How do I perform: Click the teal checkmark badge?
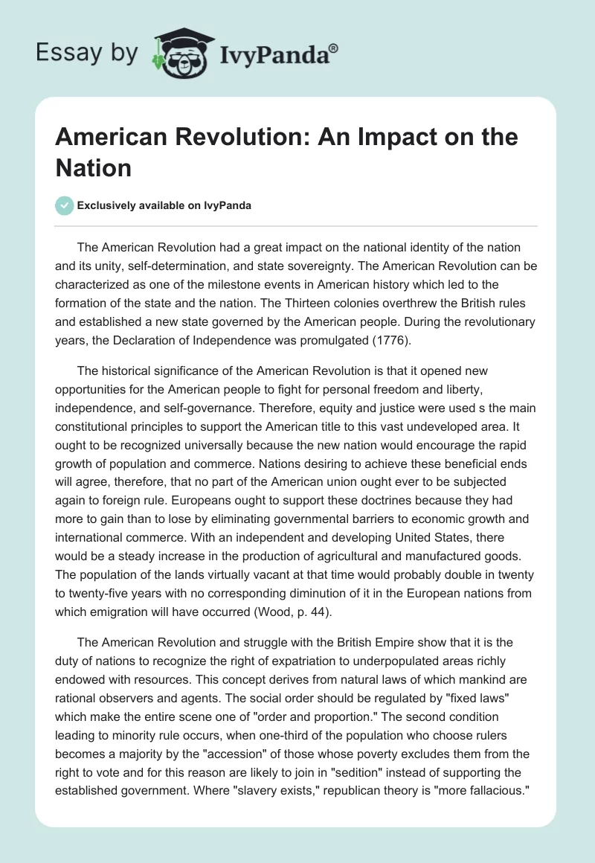coord(65,205)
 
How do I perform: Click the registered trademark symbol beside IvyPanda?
coord(334,48)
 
